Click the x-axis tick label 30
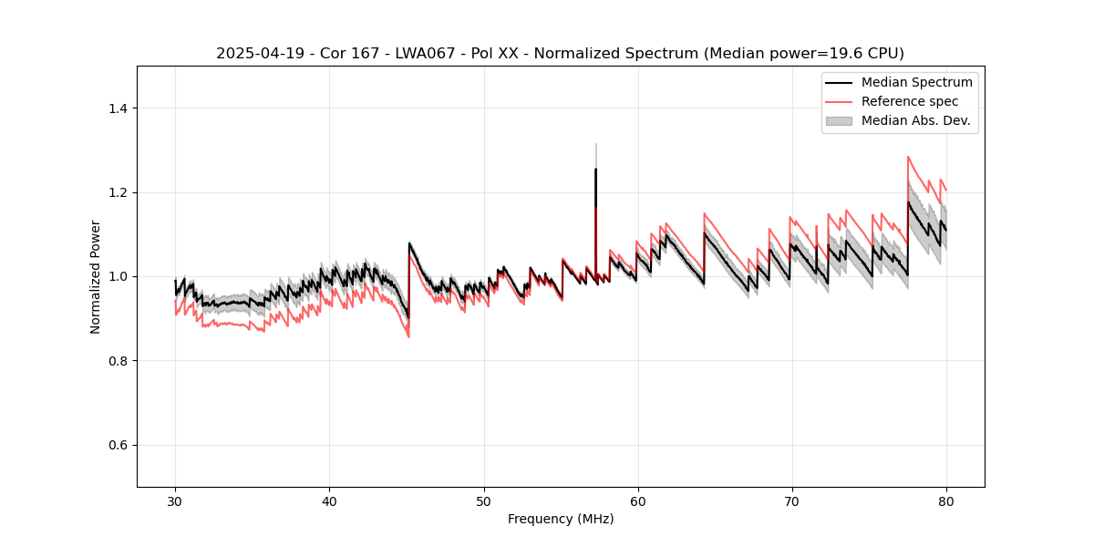pyautogui.click(x=175, y=501)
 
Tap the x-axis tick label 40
pyautogui.click(x=329, y=501)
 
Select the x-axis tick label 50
pyautogui.click(x=483, y=501)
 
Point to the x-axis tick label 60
pyautogui.click(x=638, y=501)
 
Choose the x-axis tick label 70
pyautogui.click(x=792, y=501)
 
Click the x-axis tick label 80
pyautogui.click(x=946, y=501)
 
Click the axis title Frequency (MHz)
pyautogui.click(x=561, y=519)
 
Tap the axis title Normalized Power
pyautogui.click(x=96, y=276)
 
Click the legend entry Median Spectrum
pyautogui.click(x=916, y=83)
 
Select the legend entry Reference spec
pyautogui.click(x=910, y=101)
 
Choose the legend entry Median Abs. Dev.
pyautogui.click(x=915, y=120)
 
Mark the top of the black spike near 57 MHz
pyautogui.click(x=595, y=169)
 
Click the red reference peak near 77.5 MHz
pyautogui.click(x=908, y=157)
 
